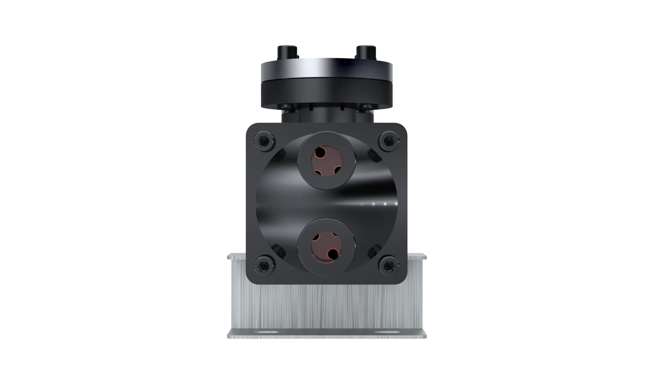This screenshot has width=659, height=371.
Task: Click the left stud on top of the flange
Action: pos(287,52)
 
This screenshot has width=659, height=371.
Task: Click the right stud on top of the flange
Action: pos(366,52)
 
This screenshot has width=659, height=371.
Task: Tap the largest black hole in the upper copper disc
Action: pos(320,152)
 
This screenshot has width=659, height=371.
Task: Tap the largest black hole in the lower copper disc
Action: pos(333,254)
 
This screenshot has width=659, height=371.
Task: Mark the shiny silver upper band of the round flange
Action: pos(327,71)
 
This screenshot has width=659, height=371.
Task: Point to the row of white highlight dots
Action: pos(379,204)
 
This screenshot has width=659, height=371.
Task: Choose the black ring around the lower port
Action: pos(303,247)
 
